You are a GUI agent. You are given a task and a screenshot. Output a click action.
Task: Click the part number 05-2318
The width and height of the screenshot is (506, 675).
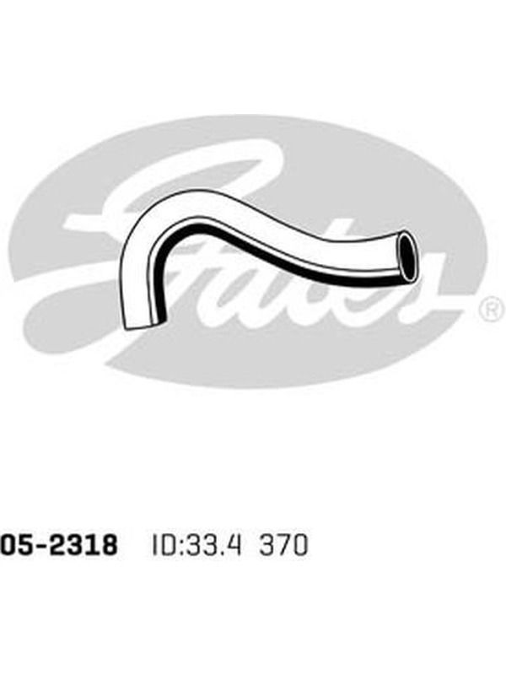tap(58, 545)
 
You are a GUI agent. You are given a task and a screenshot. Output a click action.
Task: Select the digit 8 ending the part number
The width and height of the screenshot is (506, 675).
tap(109, 545)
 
